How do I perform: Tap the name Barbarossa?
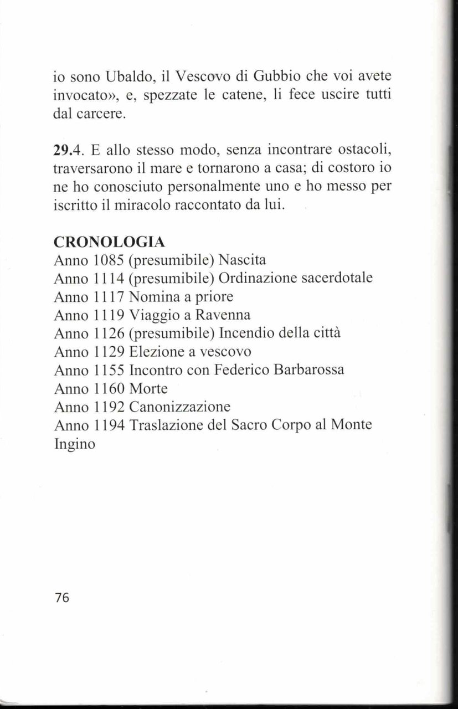[x=309, y=370]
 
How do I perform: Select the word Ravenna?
[x=220, y=315]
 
